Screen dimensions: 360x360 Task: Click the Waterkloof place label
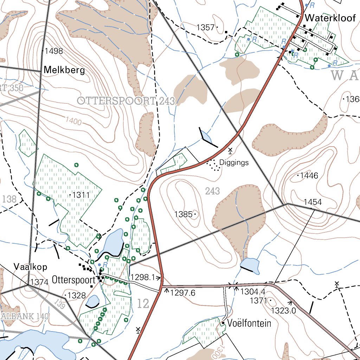pyautogui.click(x=330, y=18)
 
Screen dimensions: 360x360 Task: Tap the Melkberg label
pyautogui.click(x=64, y=70)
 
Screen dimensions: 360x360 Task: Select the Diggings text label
pyautogui.click(x=234, y=162)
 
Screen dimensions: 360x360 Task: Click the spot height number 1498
pyautogui.click(x=54, y=51)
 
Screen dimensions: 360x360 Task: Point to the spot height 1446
pyautogui.click(x=309, y=176)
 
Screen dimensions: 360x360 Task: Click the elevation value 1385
pyautogui.click(x=183, y=214)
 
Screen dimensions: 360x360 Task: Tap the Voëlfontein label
pyautogui.click(x=249, y=323)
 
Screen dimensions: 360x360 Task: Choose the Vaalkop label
pyautogui.click(x=31, y=266)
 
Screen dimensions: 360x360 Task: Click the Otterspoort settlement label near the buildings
pyautogui.click(x=73, y=280)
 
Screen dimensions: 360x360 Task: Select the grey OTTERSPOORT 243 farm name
pyautogui.click(x=126, y=101)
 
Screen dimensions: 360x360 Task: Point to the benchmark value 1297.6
pyautogui.click(x=182, y=292)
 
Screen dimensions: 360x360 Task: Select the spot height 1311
pyautogui.click(x=81, y=195)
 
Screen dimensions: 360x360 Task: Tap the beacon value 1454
pyautogui.click(x=313, y=202)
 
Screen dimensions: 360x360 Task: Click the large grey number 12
pyautogui.click(x=143, y=304)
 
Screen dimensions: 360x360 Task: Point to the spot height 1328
pyautogui.click(x=77, y=296)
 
